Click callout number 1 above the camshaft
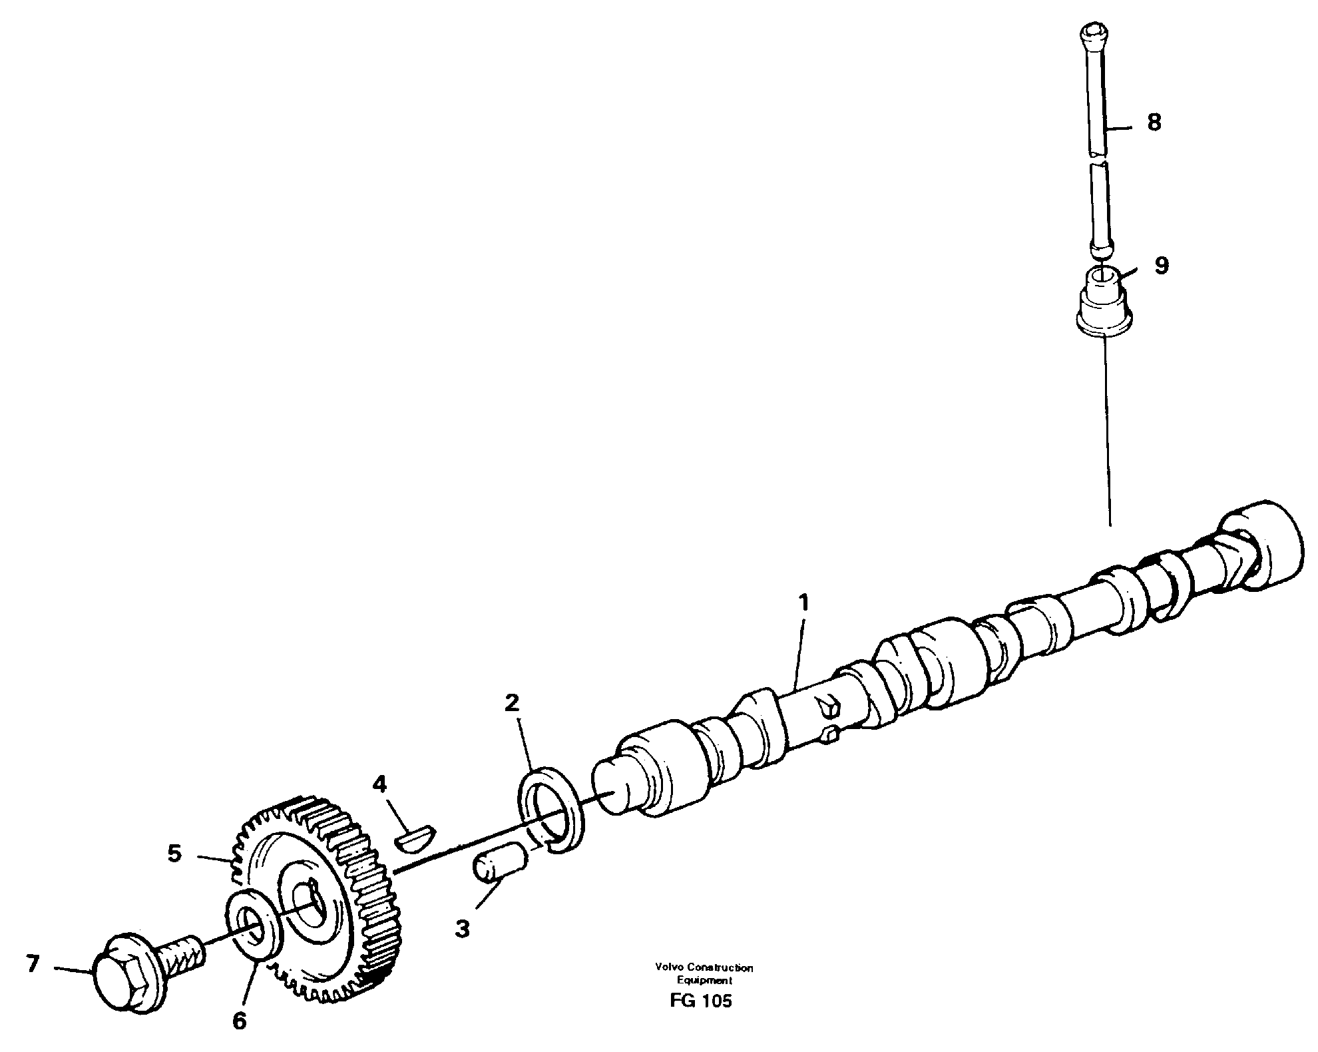(x=803, y=603)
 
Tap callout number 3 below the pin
(x=462, y=929)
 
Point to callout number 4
(x=379, y=784)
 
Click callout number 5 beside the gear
(x=174, y=854)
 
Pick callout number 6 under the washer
(x=239, y=1021)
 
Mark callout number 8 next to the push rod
(x=1154, y=123)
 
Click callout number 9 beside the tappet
(x=1160, y=266)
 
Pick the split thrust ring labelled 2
(x=550, y=810)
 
